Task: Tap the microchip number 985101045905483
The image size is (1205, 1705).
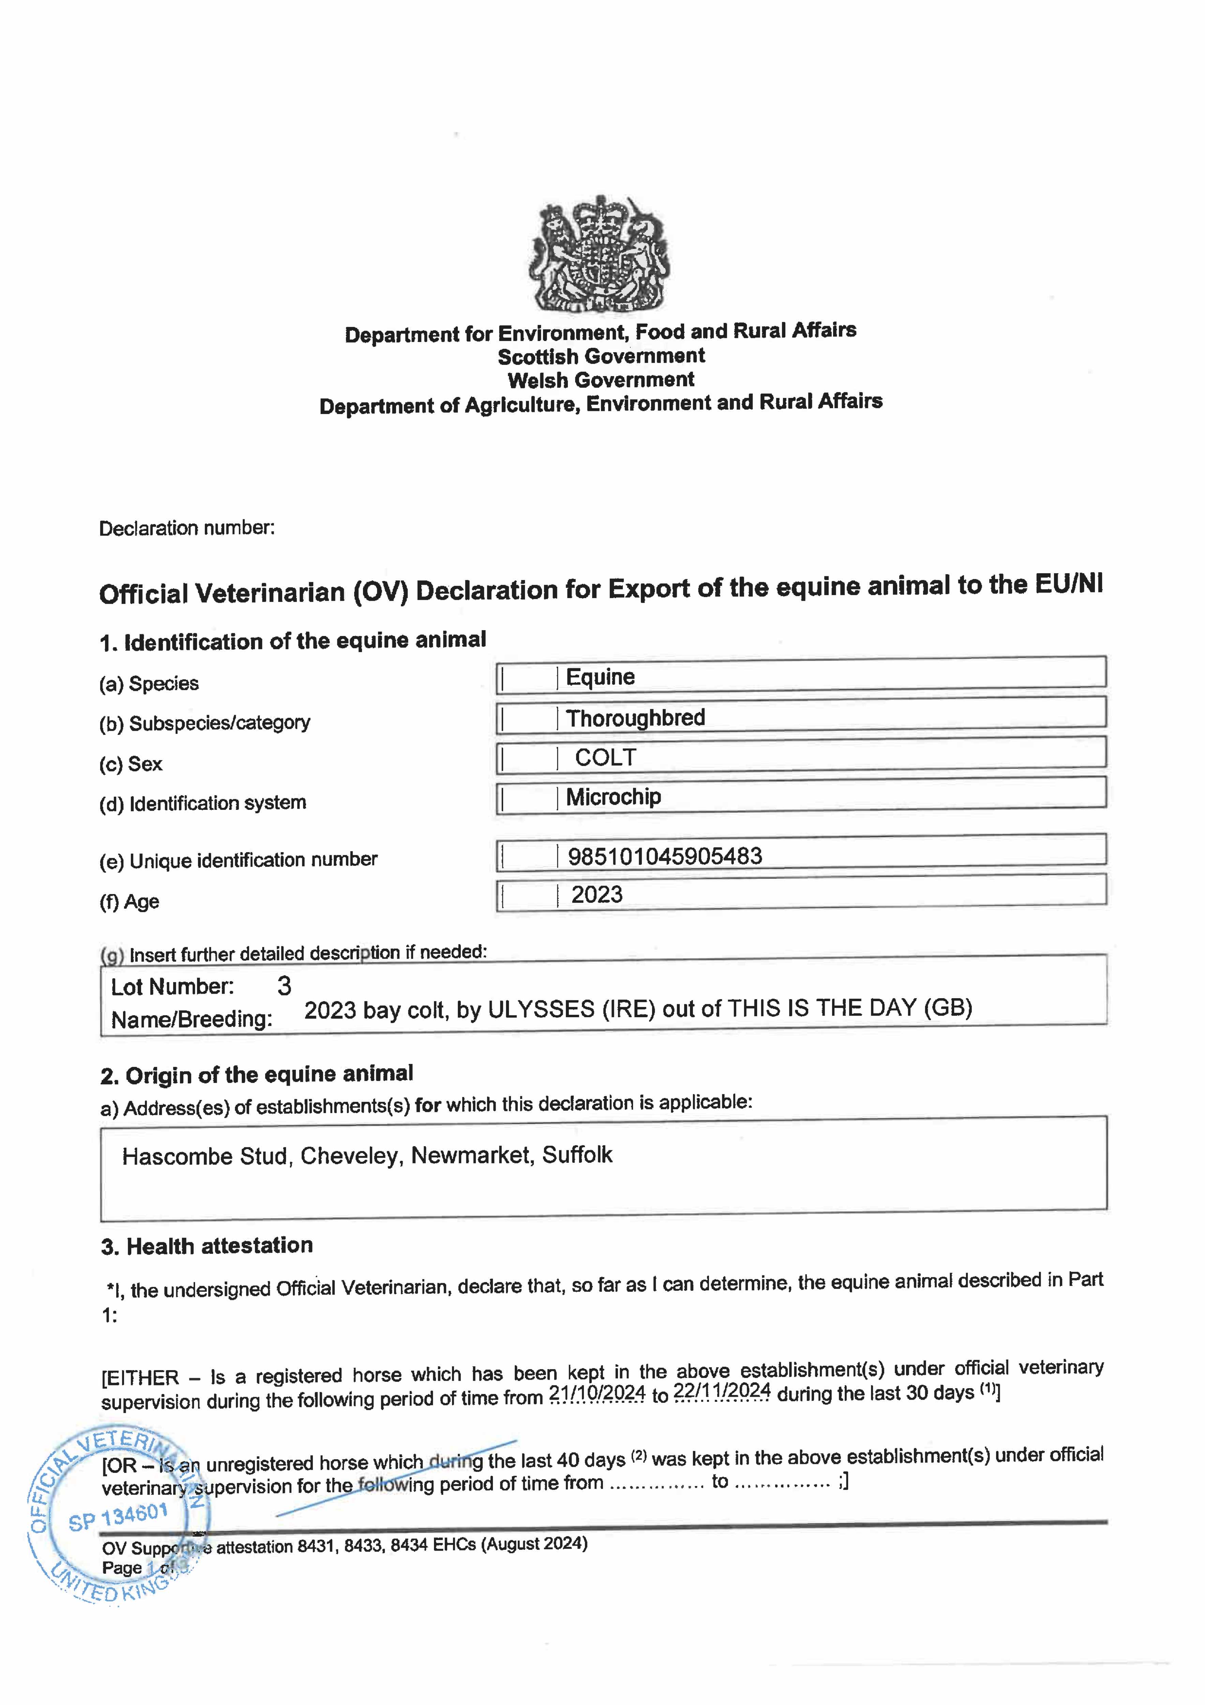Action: coord(664,856)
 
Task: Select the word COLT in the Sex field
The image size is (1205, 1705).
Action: coord(605,757)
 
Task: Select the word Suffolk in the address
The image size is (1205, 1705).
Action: coord(577,1155)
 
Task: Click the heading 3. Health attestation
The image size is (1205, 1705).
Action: coord(207,1246)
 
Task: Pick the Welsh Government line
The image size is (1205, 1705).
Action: coord(601,380)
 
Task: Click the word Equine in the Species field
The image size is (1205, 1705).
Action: coord(600,677)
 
